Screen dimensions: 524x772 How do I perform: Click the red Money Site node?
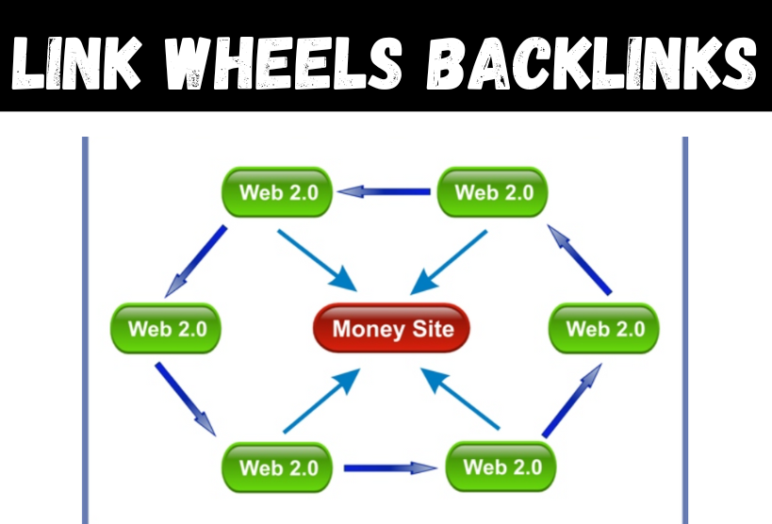click(x=392, y=328)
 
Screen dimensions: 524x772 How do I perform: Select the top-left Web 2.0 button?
click(x=278, y=192)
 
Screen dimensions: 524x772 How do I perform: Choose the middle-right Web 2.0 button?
click(x=604, y=329)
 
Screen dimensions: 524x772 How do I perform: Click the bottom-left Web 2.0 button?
click(x=278, y=467)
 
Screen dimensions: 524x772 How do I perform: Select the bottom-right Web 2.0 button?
click(x=500, y=467)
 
